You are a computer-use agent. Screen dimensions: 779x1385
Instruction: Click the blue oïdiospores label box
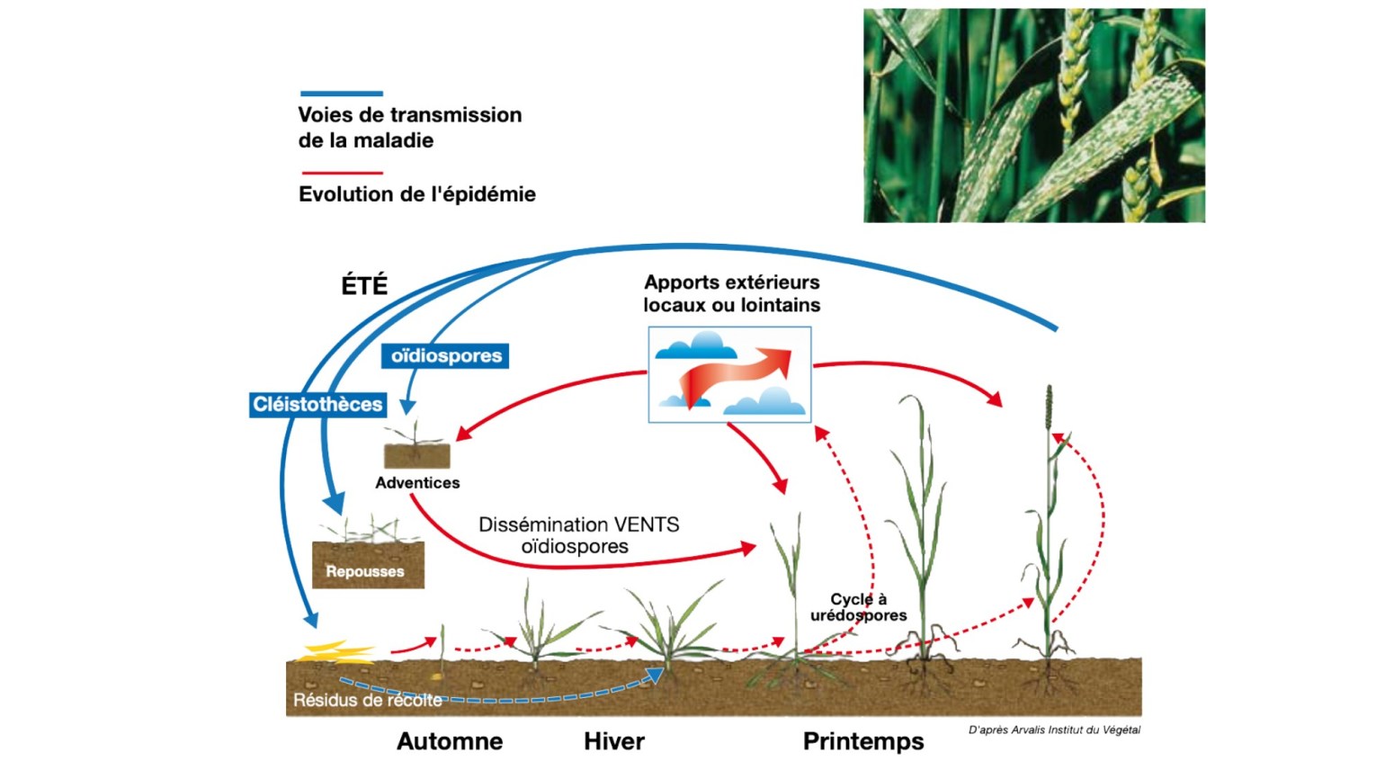pos(445,356)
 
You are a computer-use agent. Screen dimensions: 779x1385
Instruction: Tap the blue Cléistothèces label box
pos(317,405)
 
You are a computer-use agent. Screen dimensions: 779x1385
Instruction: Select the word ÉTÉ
pos(364,286)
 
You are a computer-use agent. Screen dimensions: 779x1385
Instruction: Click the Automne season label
pos(450,741)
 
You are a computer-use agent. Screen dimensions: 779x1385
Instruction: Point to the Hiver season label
pos(614,741)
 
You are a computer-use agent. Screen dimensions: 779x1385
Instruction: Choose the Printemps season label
pos(862,741)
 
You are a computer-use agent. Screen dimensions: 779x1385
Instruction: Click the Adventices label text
pos(417,483)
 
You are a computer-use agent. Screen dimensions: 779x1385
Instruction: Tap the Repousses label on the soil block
pos(364,571)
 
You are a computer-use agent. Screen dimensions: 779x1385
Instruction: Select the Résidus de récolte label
pos(367,700)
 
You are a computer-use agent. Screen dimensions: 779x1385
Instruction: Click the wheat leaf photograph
pos(1034,115)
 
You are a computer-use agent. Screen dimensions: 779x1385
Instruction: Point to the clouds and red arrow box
pos(729,374)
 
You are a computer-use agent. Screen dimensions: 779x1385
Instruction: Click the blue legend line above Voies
pos(342,94)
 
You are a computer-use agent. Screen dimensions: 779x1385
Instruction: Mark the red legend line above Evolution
pos(342,173)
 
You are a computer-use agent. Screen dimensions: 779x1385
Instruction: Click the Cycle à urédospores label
pos(858,607)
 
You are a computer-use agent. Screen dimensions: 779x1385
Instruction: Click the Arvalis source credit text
pos(1054,730)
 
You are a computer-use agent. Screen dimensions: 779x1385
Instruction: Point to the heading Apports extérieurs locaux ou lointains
pos(731,294)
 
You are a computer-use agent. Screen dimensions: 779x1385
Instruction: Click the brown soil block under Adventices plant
pos(416,455)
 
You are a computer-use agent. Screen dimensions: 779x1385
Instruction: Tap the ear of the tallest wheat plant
pos(1049,409)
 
